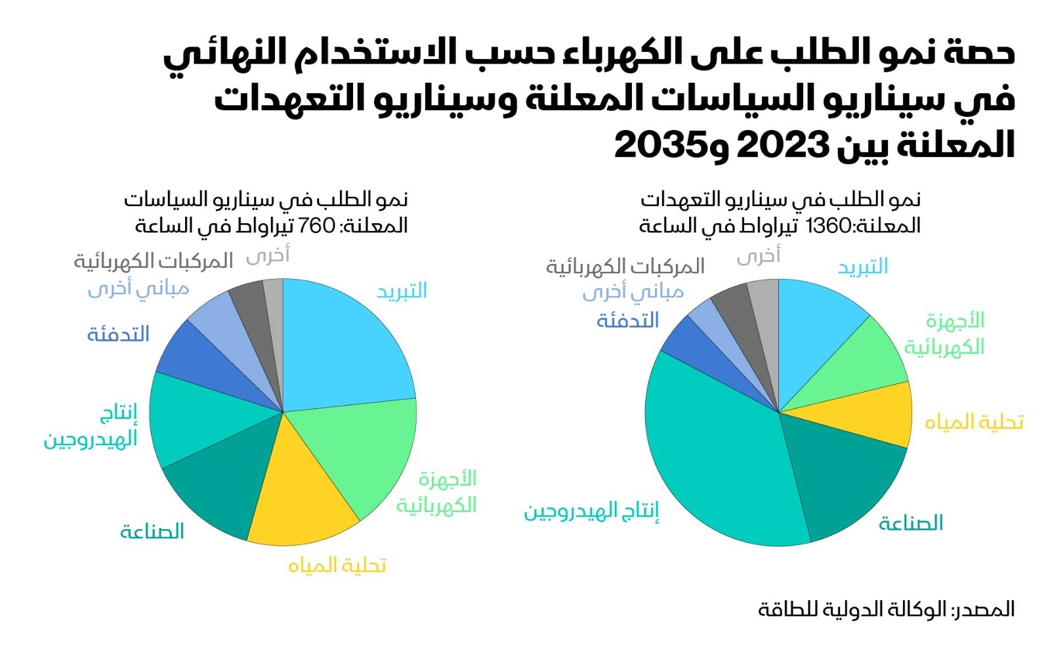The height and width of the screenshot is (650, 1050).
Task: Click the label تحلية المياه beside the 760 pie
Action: pyautogui.click(x=337, y=565)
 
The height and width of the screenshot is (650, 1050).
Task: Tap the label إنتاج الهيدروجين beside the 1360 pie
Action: pyautogui.click(x=591, y=511)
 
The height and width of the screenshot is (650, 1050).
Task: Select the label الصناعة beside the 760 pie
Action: pyautogui.click(x=152, y=531)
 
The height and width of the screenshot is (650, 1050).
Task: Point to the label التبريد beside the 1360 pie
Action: pyautogui.click(x=863, y=267)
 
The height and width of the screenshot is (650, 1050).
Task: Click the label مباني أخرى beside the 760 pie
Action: pyautogui.click(x=138, y=289)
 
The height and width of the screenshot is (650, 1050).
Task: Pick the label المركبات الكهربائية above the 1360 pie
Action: pyautogui.click(x=625, y=266)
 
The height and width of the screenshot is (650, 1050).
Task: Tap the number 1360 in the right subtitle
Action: pyautogui.click(x=828, y=226)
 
